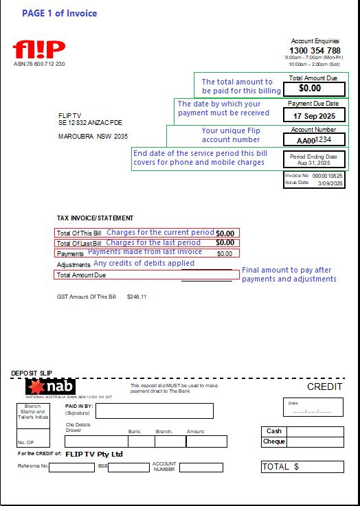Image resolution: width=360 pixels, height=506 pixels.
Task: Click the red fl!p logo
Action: coord(38,49)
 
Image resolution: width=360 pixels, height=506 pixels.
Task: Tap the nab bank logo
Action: coord(50,388)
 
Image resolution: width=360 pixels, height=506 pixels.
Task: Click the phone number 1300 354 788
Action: coord(315,51)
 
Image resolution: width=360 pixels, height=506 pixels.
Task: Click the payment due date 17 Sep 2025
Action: coord(314,116)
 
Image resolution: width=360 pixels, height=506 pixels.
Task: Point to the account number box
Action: coord(314,139)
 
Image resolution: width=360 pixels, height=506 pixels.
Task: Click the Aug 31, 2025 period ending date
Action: coord(313,164)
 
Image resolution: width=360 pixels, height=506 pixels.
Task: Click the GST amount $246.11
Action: coord(137,297)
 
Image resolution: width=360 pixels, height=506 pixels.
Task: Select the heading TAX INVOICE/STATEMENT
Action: coord(95,218)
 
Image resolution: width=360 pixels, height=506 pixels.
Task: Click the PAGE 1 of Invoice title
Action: coord(59,13)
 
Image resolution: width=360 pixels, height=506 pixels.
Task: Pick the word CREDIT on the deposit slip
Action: coord(324,387)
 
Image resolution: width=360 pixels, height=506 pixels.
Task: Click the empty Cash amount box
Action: coord(315,431)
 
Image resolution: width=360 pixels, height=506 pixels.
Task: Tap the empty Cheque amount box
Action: coord(315,442)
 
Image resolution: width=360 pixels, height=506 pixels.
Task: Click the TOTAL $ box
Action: coord(302,467)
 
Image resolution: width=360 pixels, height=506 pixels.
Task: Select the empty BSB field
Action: coord(128,468)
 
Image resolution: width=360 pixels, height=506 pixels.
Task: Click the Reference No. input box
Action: coord(71,468)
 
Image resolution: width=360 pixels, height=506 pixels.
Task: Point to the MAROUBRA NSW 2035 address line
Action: coord(93,137)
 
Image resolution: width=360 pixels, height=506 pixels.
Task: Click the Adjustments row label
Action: coord(74,264)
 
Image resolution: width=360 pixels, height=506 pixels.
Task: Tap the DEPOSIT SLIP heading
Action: coord(31,373)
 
